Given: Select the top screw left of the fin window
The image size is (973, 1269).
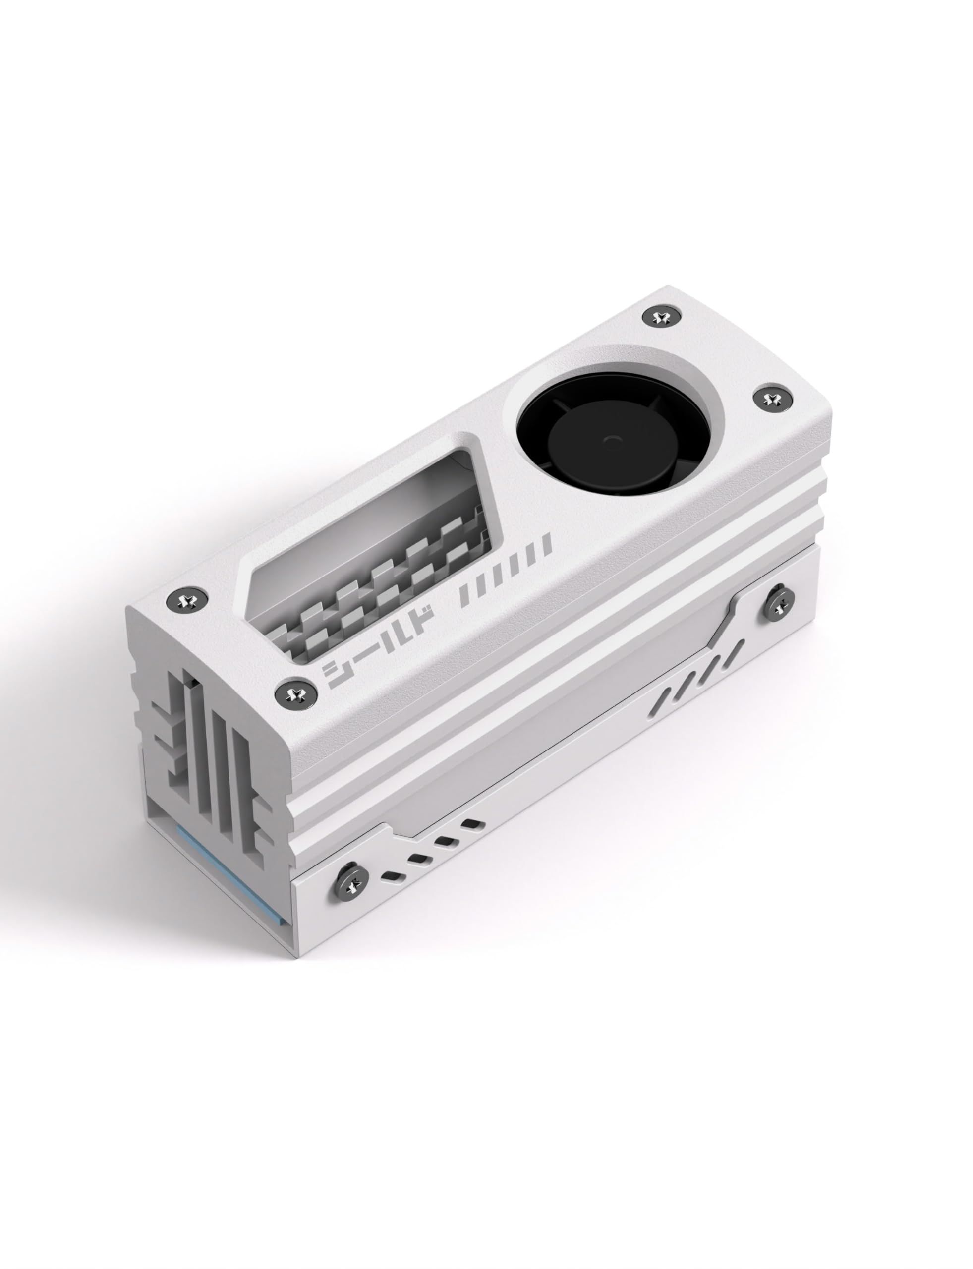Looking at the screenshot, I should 186,600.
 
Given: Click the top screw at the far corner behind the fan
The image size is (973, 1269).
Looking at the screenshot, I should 659,317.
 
